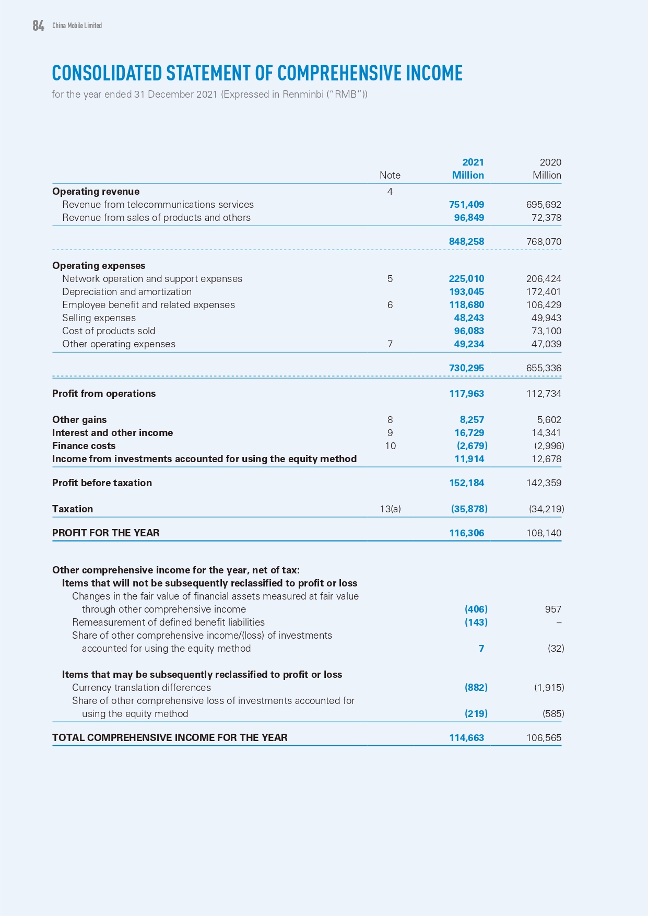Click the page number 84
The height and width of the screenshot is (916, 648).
(38, 26)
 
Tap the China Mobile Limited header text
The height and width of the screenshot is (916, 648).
(77, 26)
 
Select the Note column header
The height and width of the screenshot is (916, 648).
(390, 175)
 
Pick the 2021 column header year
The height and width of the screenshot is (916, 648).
(473, 162)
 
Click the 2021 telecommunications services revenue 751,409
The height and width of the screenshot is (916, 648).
(466, 205)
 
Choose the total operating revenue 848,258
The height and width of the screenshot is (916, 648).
(466, 242)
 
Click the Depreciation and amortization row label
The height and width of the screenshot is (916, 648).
(127, 292)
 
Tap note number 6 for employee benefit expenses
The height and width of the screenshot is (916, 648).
(390, 305)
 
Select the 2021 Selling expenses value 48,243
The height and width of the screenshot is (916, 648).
(468, 318)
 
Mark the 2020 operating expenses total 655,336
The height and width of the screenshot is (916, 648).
(544, 368)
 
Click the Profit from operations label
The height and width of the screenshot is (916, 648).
(104, 394)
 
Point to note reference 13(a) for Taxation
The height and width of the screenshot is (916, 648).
(390, 509)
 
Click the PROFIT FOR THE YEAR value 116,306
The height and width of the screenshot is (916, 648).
(466, 533)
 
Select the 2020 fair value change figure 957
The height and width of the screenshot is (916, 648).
(552, 609)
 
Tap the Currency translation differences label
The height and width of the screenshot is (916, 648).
(142, 688)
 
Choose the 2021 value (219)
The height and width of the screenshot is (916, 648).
(476, 714)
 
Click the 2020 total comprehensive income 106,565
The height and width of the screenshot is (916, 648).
(544, 738)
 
